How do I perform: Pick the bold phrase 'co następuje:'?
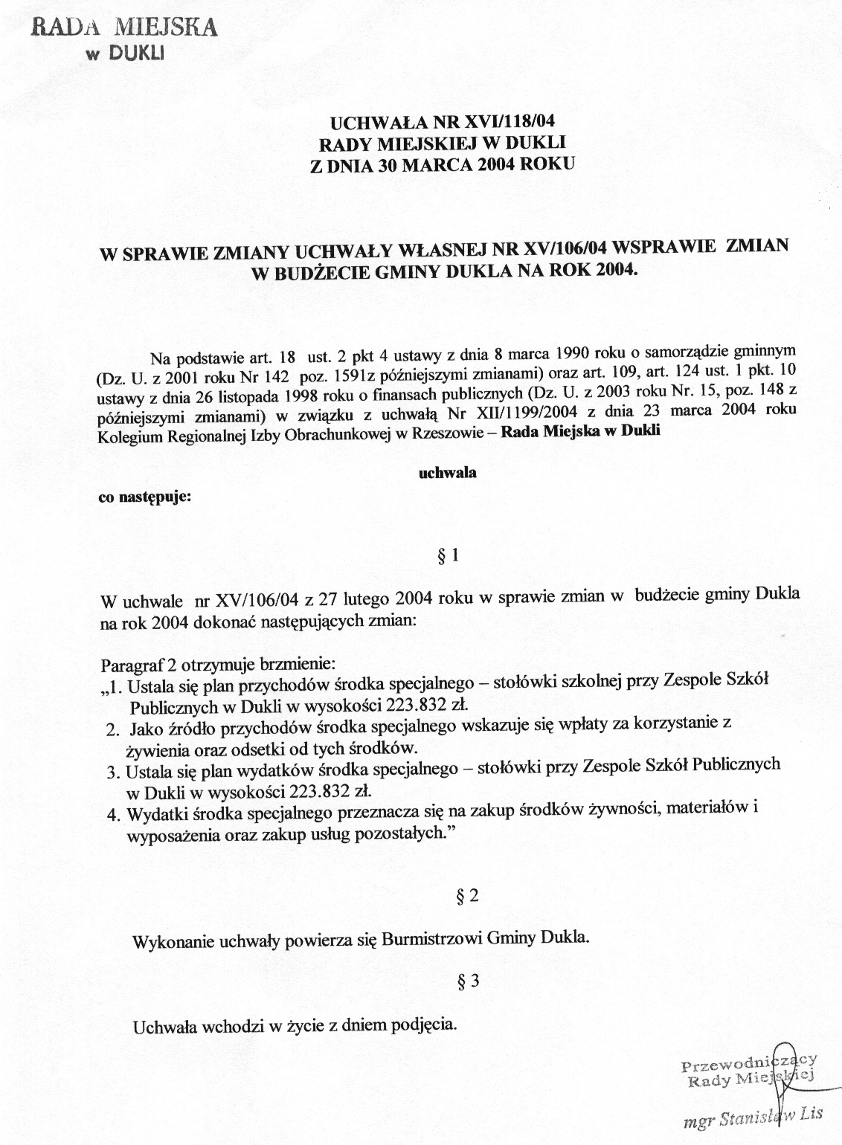point(145,497)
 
